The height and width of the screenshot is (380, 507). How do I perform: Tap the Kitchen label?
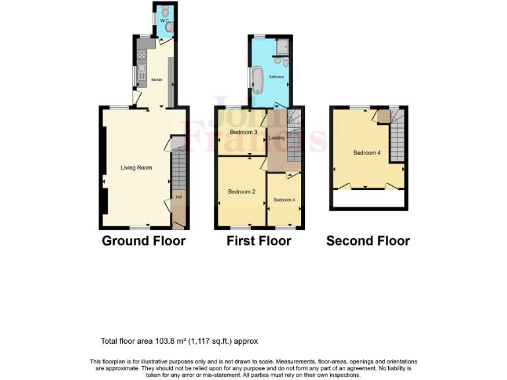coord(157,80)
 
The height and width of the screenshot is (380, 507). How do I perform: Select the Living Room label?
coord(136,168)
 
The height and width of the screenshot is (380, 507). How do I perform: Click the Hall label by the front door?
coord(178,196)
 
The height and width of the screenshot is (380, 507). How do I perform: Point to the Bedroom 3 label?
coord(243,133)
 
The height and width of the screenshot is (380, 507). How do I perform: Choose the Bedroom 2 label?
coord(242,192)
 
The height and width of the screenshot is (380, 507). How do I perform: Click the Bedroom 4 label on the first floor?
coord(284,199)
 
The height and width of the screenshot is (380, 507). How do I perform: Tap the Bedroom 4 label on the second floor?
coord(366,153)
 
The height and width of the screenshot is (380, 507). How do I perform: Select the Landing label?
coord(277,138)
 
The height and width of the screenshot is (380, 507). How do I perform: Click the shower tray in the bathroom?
coord(283,46)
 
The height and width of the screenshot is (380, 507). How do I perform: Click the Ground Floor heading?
coord(143,241)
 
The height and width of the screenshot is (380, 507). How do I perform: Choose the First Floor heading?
coord(259,241)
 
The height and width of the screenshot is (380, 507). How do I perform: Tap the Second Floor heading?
coord(368,241)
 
